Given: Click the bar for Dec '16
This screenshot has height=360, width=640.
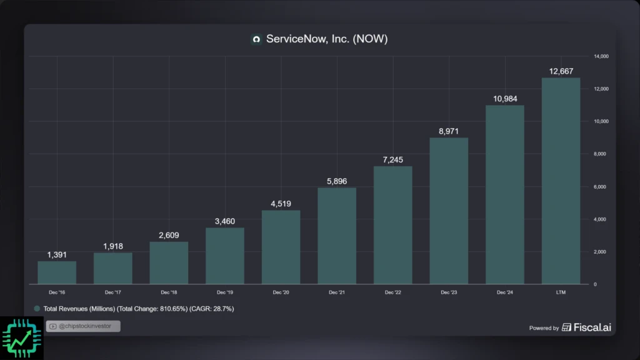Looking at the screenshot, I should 57,272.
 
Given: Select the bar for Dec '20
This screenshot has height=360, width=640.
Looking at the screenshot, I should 281,247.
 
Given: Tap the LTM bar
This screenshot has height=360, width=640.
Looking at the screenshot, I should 561,181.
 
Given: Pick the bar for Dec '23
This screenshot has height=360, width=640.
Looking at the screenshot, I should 449,211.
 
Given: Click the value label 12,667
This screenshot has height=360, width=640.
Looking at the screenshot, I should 561,71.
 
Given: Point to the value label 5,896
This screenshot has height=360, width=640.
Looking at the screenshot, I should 337,181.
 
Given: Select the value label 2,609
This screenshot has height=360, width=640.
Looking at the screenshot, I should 169,235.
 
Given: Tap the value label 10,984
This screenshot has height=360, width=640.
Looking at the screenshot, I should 504,99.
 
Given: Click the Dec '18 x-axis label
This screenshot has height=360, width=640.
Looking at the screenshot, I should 169,292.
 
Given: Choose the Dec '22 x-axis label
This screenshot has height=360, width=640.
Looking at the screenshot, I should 393,292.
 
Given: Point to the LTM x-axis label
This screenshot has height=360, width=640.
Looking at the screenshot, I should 561,292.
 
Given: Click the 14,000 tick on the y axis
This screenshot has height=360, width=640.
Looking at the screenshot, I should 601,56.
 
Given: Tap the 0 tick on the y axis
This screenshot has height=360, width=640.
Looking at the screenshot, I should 595,284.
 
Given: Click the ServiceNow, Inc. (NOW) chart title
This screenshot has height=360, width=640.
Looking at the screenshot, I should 327,39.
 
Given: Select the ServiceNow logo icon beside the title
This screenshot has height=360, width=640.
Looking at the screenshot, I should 256,39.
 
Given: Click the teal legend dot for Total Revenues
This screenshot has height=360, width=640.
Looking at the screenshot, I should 37,309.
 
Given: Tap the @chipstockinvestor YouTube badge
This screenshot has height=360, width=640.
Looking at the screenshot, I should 83,326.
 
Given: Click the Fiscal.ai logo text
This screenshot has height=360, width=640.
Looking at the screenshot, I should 586,327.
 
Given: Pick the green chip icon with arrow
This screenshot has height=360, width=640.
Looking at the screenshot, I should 22,337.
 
